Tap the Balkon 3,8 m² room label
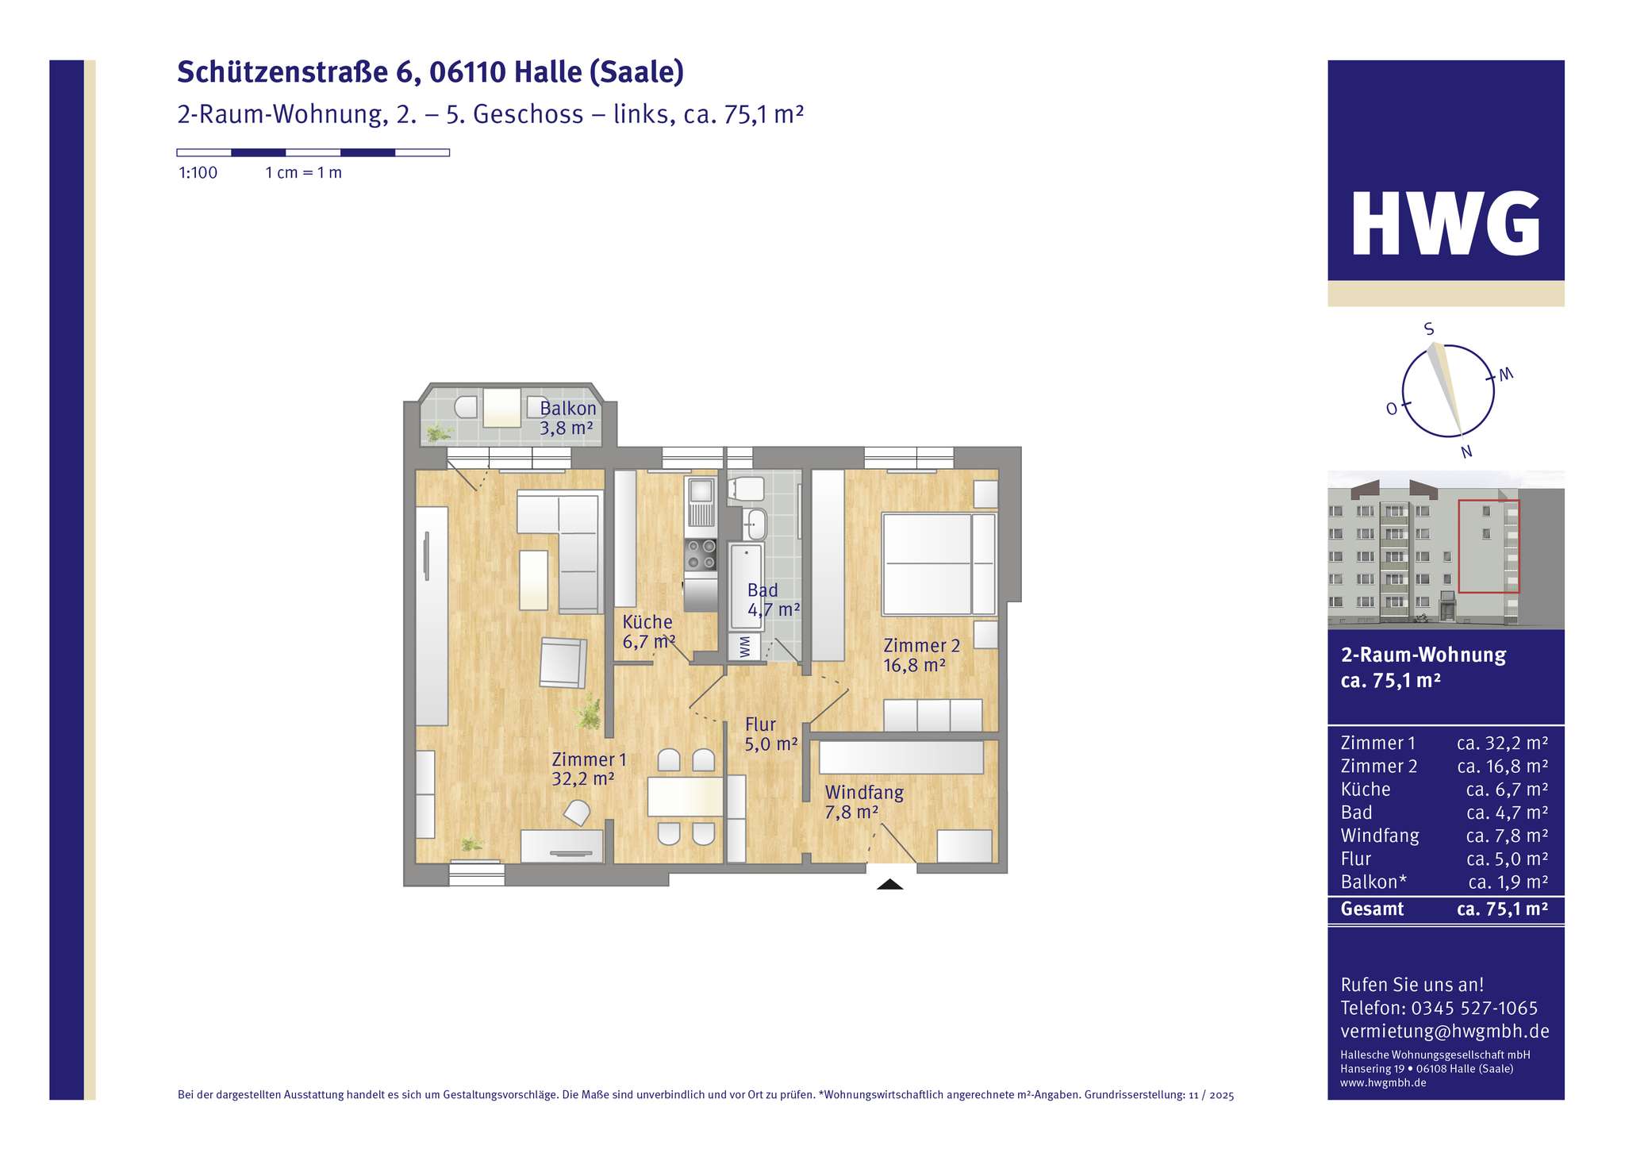tap(567, 419)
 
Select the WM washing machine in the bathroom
tap(744, 647)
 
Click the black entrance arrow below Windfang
tap(889, 884)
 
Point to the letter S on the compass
tap(1429, 329)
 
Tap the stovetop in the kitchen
tap(701, 555)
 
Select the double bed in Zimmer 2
tap(939, 564)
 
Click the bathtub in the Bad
tap(745, 587)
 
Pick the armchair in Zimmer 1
tap(563, 662)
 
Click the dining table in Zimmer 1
tap(685, 797)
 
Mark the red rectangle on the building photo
tap(1489, 547)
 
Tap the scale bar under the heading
tap(313, 152)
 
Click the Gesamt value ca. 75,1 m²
tap(1502, 909)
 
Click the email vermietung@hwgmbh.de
tap(1444, 1032)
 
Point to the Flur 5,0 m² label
tap(770, 734)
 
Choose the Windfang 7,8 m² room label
tap(863, 801)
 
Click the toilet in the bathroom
tap(746, 489)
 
